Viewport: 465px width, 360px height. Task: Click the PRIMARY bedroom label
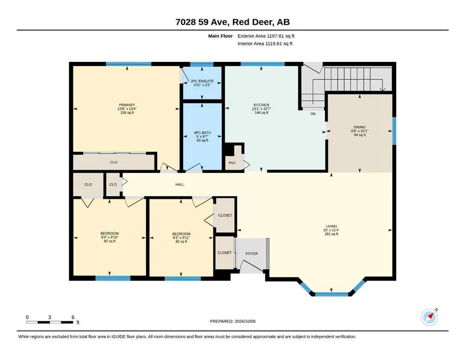pos(127,105)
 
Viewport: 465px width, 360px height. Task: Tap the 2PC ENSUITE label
pos(202,81)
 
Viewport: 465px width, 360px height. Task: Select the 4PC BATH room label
pos(202,133)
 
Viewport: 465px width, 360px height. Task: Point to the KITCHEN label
pos(261,105)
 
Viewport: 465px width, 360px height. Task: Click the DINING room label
pos(360,127)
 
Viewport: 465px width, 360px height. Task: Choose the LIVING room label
pos(331,226)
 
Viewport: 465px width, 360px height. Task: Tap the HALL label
pos(180,184)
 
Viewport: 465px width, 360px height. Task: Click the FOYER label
pos(252,254)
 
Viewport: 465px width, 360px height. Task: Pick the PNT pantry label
pos(232,163)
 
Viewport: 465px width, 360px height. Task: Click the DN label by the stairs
pos(313,113)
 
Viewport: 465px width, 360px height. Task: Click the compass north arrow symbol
pos(429,317)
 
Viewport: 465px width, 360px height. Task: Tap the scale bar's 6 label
pos(73,317)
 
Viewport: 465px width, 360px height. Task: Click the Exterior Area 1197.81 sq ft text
pos(266,36)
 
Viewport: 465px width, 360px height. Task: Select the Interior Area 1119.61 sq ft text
pos(265,44)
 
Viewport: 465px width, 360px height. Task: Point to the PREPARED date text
pos(232,321)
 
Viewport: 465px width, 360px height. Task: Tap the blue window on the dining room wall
pos(394,131)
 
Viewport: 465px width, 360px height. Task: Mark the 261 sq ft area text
pos(331,234)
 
